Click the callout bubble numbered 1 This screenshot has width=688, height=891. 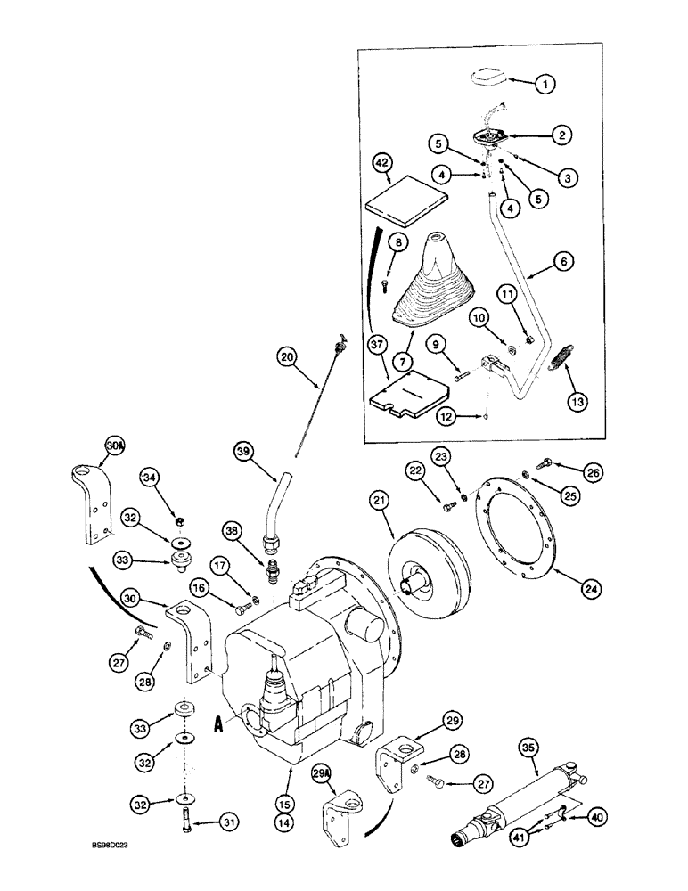coord(545,84)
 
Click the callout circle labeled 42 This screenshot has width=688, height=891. coord(381,163)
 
